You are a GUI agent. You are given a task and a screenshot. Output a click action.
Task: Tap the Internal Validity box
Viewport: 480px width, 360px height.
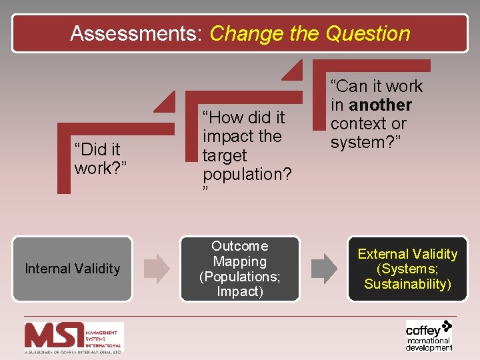click(x=72, y=269)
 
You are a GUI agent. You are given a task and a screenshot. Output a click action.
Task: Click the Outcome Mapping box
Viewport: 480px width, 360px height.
click(x=240, y=269)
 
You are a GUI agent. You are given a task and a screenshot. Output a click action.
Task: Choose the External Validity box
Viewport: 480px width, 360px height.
click(x=407, y=269)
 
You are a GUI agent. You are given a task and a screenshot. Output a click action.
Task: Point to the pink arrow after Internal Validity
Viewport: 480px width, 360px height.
click(x=158, y=268)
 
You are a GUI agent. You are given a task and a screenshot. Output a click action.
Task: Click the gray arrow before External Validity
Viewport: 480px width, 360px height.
click(x=325, y=268)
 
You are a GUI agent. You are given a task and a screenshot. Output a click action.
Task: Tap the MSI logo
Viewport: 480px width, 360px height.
click(x=73, y=337)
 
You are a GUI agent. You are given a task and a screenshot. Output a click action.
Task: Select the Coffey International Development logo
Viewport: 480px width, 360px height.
click(x=429, y=335)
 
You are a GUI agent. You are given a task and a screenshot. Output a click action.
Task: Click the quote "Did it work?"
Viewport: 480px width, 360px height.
click(x=97, y=159)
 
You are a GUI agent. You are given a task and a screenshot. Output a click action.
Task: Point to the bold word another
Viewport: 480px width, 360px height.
click(x=380, y=105)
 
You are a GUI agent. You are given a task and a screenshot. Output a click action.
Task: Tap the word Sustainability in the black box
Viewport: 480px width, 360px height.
click(x=407, y=284)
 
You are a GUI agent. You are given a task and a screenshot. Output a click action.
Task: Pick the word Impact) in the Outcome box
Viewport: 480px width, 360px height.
click(x=240, y=292)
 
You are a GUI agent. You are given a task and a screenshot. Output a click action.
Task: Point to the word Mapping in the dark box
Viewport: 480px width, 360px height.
click(x=240, y=261)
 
